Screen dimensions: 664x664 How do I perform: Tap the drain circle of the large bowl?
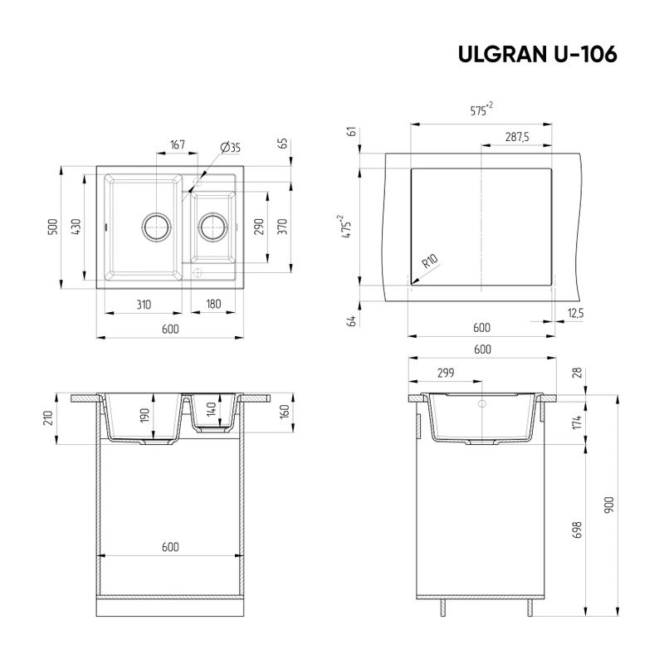coord(155,225)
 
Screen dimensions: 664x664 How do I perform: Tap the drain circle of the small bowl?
coord(212,225)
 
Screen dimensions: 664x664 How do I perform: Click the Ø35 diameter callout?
coord(230,148)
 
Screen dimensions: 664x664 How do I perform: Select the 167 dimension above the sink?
coord(177,145)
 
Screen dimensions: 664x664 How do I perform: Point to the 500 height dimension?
coord(52,226)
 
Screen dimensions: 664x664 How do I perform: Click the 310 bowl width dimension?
coord(144,305)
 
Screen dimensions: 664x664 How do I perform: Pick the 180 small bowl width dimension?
coord(212,305)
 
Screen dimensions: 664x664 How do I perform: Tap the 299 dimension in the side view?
coord(445,373)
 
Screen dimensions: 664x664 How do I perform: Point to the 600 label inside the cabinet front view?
coord(170,547)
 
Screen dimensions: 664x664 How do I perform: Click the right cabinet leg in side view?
coord(529,606)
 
